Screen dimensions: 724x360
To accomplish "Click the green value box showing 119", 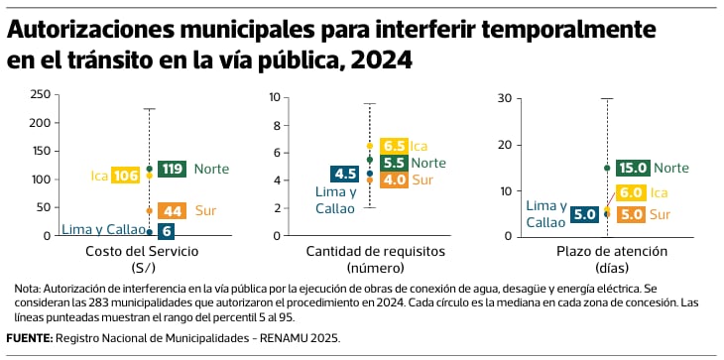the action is pos(172,169).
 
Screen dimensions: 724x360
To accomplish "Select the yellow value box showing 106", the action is pos(126,176).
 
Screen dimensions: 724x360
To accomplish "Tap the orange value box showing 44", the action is pos(172,211).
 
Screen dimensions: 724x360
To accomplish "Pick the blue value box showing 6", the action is pos(166,231).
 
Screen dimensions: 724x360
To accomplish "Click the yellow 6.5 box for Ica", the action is pos(395,146).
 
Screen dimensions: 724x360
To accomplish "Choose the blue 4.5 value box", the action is pos(345,174).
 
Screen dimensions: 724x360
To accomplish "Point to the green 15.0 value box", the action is pos(633,168).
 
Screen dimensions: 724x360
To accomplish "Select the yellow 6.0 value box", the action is pos(631,192).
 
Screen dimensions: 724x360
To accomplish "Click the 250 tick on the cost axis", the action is pos(41,94).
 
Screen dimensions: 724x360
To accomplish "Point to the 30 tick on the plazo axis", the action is pos(504,98).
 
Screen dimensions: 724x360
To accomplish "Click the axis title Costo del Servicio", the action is pos(142,252).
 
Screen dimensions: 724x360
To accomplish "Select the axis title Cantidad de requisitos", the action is pos(376,252).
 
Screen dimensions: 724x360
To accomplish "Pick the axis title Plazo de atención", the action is pos(612,252).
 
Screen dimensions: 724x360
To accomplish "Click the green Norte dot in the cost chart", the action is pos(149,169).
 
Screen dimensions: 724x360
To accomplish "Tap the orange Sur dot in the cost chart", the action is pos(149,211).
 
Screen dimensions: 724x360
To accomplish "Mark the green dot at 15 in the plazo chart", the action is pos(607,168).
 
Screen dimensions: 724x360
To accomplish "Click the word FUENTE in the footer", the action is pos(30,338).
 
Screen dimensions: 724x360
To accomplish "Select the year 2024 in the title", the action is pos(381,60).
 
